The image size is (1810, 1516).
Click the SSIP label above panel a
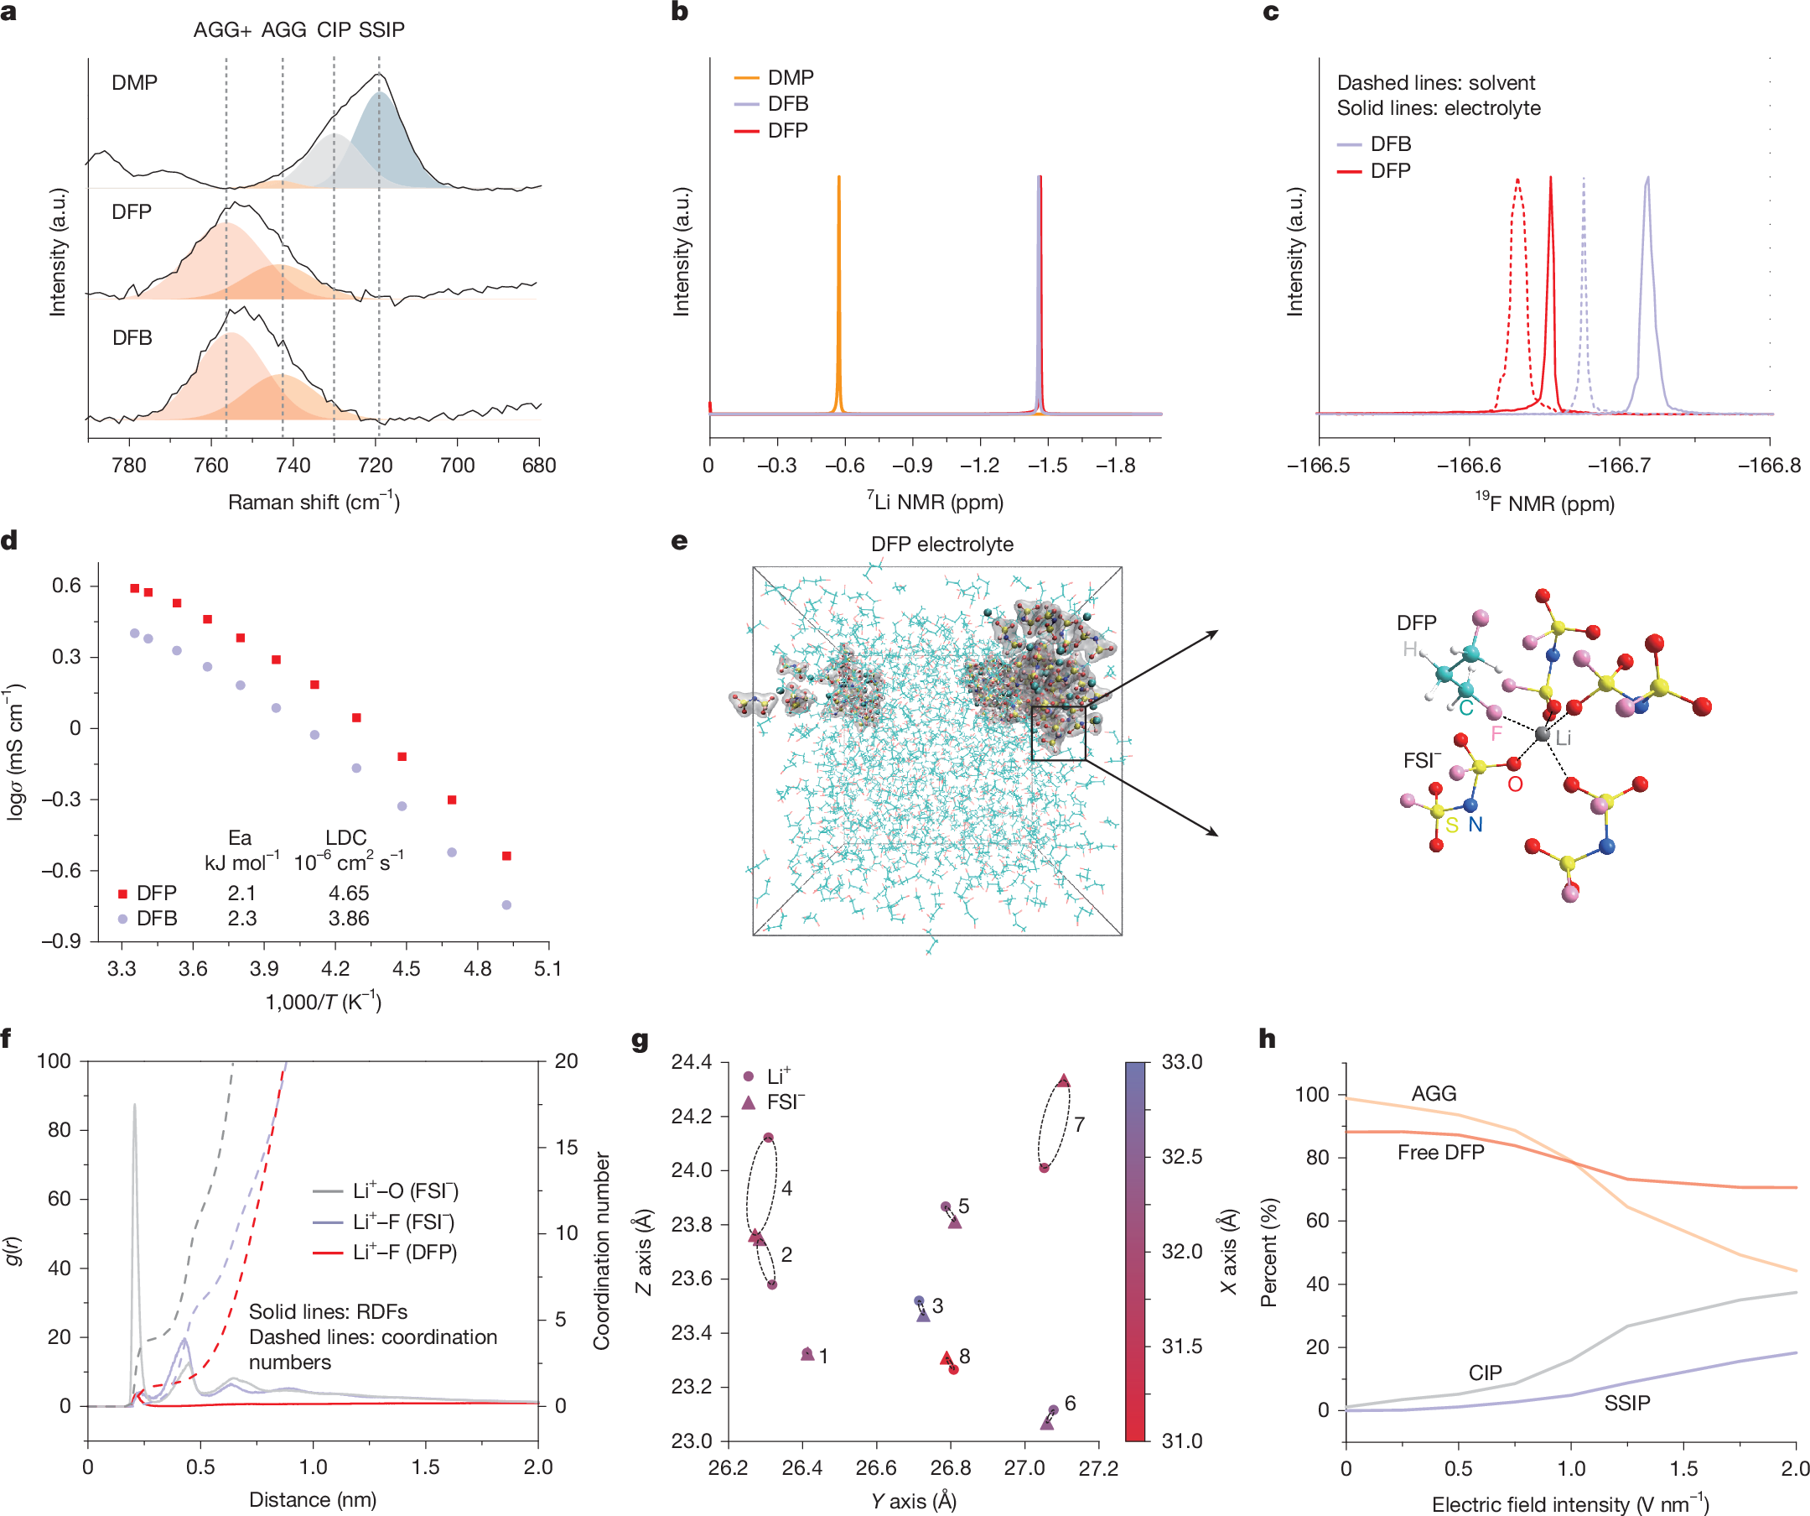381,30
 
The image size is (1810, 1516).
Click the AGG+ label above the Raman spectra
222,30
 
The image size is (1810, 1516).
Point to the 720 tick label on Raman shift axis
375,466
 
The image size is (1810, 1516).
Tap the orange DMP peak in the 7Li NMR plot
838,180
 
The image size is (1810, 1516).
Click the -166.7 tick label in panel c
1620,466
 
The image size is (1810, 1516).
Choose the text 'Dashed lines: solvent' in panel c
1435,83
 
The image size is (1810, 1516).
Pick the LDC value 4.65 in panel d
348,893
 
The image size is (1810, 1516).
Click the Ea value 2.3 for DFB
242,919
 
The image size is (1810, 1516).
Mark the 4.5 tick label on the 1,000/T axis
406,968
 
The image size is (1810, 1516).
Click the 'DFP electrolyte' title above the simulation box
942,544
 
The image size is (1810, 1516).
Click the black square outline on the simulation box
1059,733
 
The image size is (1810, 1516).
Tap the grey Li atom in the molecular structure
1543,734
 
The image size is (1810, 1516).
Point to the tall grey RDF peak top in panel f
134,1106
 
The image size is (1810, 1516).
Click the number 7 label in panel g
1079,1124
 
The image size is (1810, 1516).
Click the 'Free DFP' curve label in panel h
1440,1152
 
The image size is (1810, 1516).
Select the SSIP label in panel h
1626,1403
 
